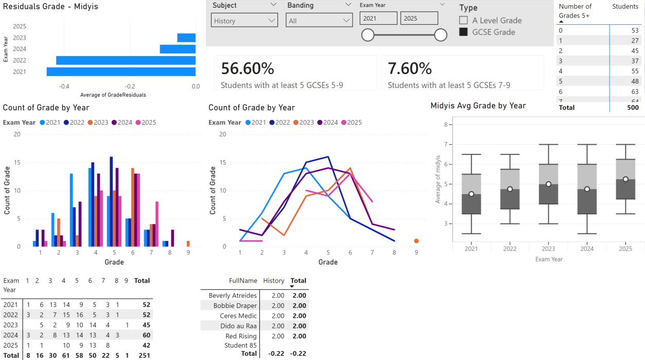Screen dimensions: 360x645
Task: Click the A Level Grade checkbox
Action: (x=463, y=21)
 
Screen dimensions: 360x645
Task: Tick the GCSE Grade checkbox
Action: (x=463, y=32)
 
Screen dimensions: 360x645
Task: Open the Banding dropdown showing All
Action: (x=319, y=21)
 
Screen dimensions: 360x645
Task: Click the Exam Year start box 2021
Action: (x=378, y=19)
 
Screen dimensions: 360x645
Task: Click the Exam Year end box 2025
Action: (x=419, y=19)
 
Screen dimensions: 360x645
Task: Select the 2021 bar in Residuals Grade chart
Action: (x=121, y=72)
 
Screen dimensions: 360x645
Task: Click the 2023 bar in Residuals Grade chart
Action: (x=186, y=38)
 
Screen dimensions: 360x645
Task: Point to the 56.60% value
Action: (x=248, y=68)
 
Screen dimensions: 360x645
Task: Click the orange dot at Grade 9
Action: (x=416, y=241)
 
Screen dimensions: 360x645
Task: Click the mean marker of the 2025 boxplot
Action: (x=625, y=179)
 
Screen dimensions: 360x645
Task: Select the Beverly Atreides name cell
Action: (x=232, y=296)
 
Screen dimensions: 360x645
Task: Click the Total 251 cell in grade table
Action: (x=142, y=355)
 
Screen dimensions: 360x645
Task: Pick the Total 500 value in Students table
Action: (x=633, y=108)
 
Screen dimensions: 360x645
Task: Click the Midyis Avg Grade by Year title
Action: (x=478, y=106)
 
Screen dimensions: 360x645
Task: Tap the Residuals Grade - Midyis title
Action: (x=50, y=7)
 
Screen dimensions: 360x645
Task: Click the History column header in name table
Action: (x=273, y=281)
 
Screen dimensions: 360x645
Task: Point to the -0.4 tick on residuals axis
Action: (x=64, y=87)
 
